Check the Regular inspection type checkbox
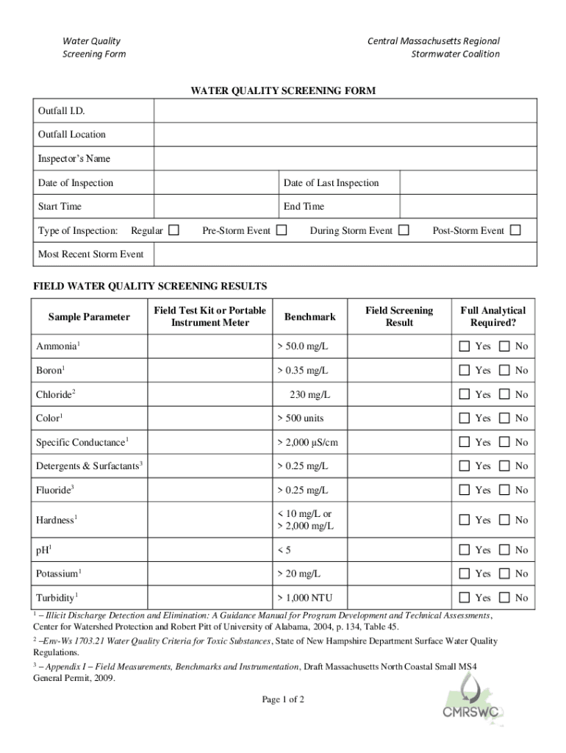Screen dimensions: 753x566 (x=173, y=230)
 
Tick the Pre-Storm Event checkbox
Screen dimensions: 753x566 (x=282, y=230)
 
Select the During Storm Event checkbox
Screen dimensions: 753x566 (x=404, y=230)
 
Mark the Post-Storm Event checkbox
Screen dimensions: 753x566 (x=515, y=230)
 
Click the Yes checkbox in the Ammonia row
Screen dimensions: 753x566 (x=465, y=346)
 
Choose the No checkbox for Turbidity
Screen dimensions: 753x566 (x=504, y=597)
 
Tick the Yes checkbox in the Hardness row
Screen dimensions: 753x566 (x=465, y=520)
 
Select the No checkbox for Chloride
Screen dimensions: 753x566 (x=504, y=394)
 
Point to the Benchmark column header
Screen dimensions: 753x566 (x=309, y=317)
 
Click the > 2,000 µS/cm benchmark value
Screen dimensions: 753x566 (x=307, y=442)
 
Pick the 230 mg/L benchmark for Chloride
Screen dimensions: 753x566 (x=309, y=394)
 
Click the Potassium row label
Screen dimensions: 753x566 (x=59, y=573)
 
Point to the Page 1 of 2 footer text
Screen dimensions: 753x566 (x=283, y=699)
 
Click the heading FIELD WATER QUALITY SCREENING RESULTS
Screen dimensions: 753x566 (x=150, y=286)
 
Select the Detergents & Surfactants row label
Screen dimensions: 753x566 (x=89, y=466)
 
